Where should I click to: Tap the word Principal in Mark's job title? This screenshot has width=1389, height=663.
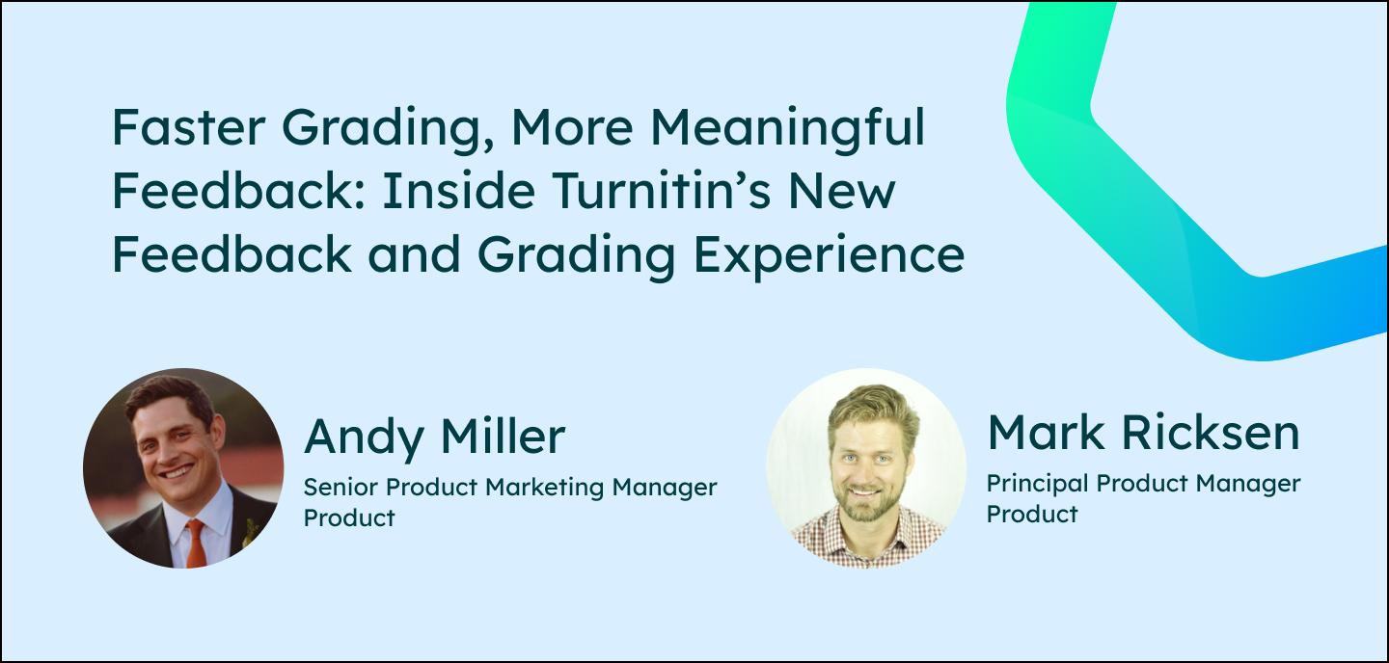[x=1027, y=483]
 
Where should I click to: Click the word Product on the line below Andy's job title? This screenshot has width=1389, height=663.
[x=349, y=517]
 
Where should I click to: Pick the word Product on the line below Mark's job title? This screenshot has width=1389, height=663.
[x=1031, y=514]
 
